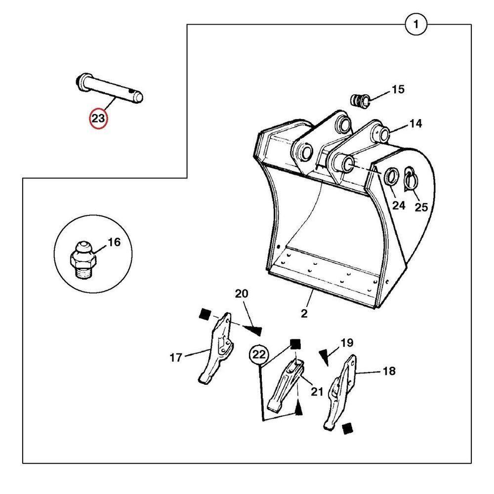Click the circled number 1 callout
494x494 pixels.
tap(416, 24)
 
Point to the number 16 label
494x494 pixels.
tap(114, 243)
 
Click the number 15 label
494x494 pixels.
tap(398, 89)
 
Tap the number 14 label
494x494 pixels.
tap(415, 124)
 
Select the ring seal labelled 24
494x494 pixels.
tap(391, 176)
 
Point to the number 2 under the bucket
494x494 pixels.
tap(304, 313)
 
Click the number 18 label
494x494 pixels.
tap(389, 371)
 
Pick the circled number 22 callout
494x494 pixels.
tap(259, 354)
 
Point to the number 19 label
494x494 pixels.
tap(347, 342)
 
